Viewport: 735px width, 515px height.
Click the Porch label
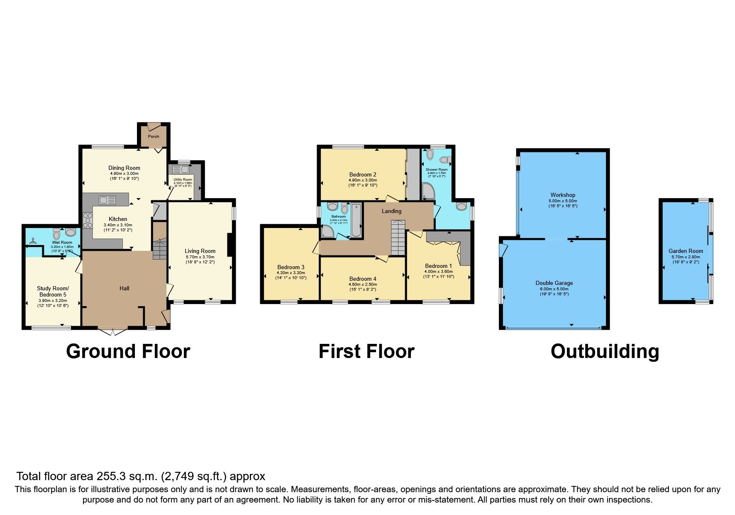[x=154, y=136]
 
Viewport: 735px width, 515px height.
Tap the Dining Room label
[x=124, y=168]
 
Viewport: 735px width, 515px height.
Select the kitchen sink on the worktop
[x=107, y=200]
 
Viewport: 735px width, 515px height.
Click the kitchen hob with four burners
[x=88, y=220]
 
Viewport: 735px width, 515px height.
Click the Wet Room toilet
[x=57, y=234]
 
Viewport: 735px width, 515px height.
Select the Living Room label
[x=200, y=251]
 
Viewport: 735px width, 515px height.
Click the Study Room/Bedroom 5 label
[x=53, y=291]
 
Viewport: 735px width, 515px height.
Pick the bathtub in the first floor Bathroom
[x=356, y=220]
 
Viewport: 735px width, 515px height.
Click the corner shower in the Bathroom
[x=327, y=232]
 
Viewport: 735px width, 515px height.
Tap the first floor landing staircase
[x=397, y=237]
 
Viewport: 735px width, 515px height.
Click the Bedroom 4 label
[x=363, y=279]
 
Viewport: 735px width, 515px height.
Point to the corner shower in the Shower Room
[x=428, y=191]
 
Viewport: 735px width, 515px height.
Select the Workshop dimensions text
[x=563, y=203]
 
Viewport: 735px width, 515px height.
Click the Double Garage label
[x=554, y=283]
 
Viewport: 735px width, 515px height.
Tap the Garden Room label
[x=686, y=251]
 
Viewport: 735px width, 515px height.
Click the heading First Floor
[x=366, y=351]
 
